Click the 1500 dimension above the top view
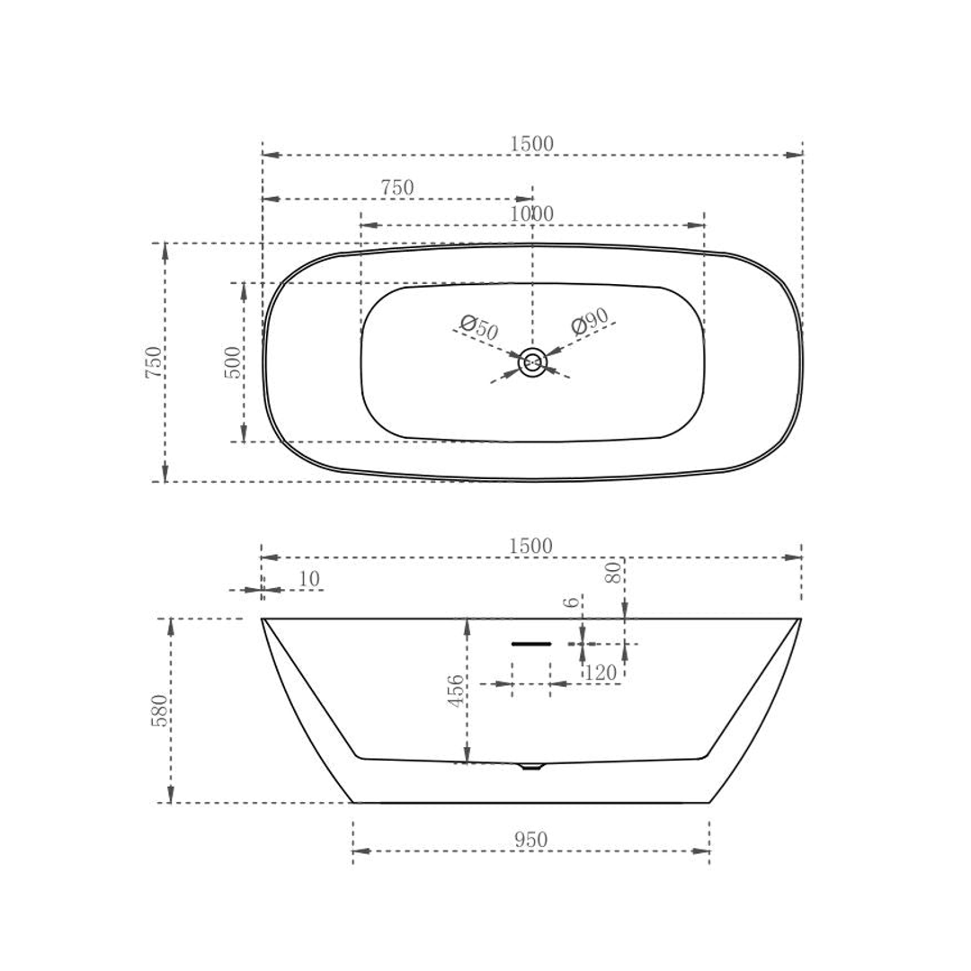point(531,144)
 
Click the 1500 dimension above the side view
point(530,547)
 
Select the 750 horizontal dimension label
point(396,188)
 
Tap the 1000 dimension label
point(531,214)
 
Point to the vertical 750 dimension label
point(154,361)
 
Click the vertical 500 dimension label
point(233,361)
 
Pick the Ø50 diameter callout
point(478,327)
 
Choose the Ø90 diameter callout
point(591,321)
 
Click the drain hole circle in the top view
point(532,362)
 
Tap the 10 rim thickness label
point(308,580)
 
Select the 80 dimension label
point(613,573)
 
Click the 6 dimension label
point(573,601)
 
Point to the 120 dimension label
point(601,673)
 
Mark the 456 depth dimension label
point(457,690)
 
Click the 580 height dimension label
point(159,710)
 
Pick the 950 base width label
point(530,840)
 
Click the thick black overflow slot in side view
point(531,644)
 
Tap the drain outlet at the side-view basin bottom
point(531,766)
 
